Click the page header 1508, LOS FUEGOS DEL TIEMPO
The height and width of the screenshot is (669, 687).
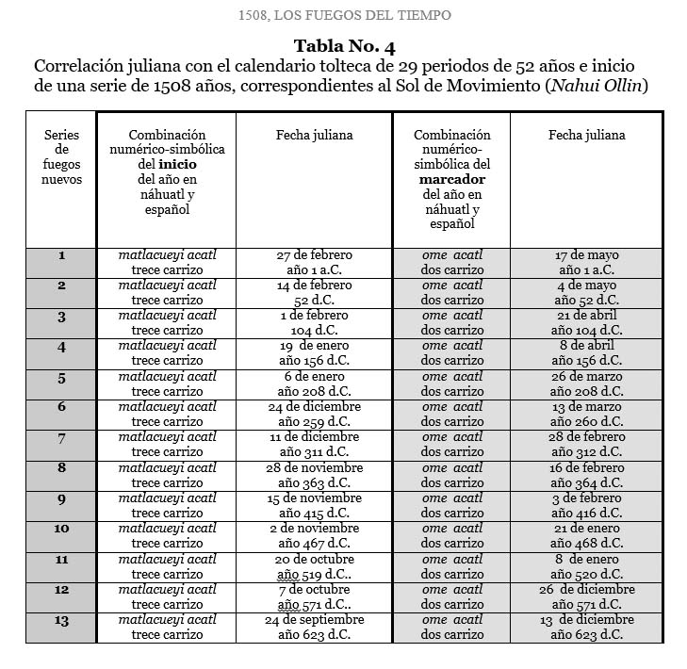343,14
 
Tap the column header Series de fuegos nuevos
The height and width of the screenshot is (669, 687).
62,156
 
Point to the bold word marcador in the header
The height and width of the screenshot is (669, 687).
452,179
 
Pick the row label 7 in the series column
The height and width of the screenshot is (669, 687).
62,438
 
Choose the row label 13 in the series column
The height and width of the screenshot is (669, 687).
62,620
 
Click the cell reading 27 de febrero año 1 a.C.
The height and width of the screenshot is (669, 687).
314,263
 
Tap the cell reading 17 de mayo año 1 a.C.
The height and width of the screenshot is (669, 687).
586,263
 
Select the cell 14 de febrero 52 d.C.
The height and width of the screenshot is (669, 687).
314,293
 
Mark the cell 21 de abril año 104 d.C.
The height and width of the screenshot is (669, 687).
586,323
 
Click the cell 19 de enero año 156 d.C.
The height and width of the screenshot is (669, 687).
314,353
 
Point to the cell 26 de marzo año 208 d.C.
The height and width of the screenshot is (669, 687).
586,383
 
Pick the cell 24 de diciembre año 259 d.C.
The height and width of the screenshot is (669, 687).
314,414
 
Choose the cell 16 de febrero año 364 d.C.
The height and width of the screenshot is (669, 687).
586,475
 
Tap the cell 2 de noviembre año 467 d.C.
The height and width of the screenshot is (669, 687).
314,535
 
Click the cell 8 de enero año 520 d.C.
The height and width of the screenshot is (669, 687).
586,565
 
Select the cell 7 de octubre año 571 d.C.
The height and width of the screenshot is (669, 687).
314,596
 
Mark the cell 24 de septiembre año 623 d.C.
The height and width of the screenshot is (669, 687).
314,627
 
